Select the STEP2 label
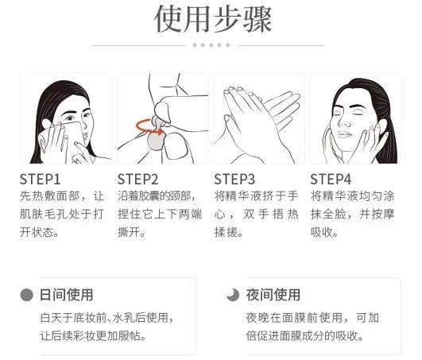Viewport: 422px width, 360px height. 138,178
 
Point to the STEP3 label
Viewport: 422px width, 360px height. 235,178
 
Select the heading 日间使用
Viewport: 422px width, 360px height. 66,295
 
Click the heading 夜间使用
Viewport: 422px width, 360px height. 273,295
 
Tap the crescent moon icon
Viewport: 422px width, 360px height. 232,295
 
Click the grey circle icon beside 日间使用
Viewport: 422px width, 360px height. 27,295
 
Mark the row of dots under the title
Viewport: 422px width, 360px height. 211,45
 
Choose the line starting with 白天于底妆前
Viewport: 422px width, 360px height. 106,319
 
